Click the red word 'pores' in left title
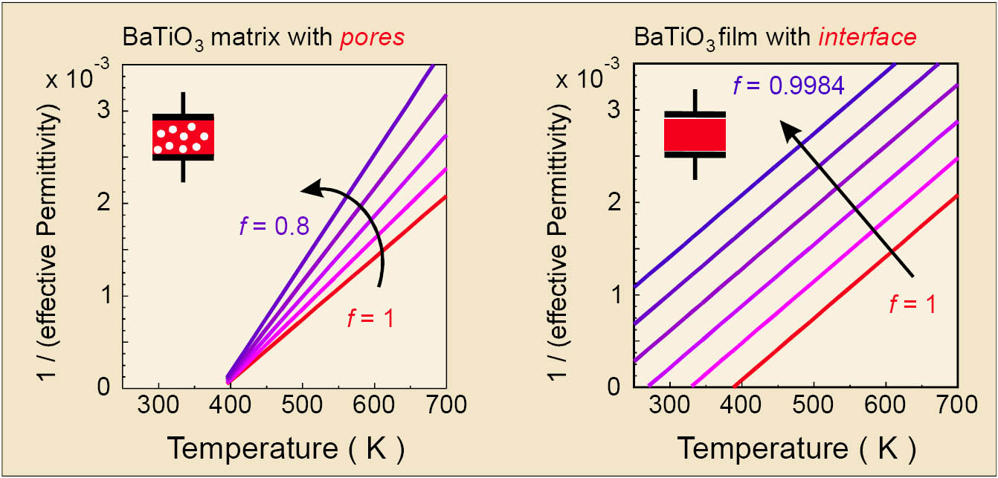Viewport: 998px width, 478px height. [373, 37]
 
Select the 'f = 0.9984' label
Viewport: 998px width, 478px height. [788, 86]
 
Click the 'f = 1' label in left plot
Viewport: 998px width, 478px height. [370, 319]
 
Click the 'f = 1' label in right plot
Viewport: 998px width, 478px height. [910, 303]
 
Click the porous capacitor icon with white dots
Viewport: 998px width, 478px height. [183, 137]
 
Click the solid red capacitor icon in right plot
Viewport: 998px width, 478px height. [695, 135]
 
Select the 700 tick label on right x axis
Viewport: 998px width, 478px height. [958, 405]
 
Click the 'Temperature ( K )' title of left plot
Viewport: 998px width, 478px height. [286, 448]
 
